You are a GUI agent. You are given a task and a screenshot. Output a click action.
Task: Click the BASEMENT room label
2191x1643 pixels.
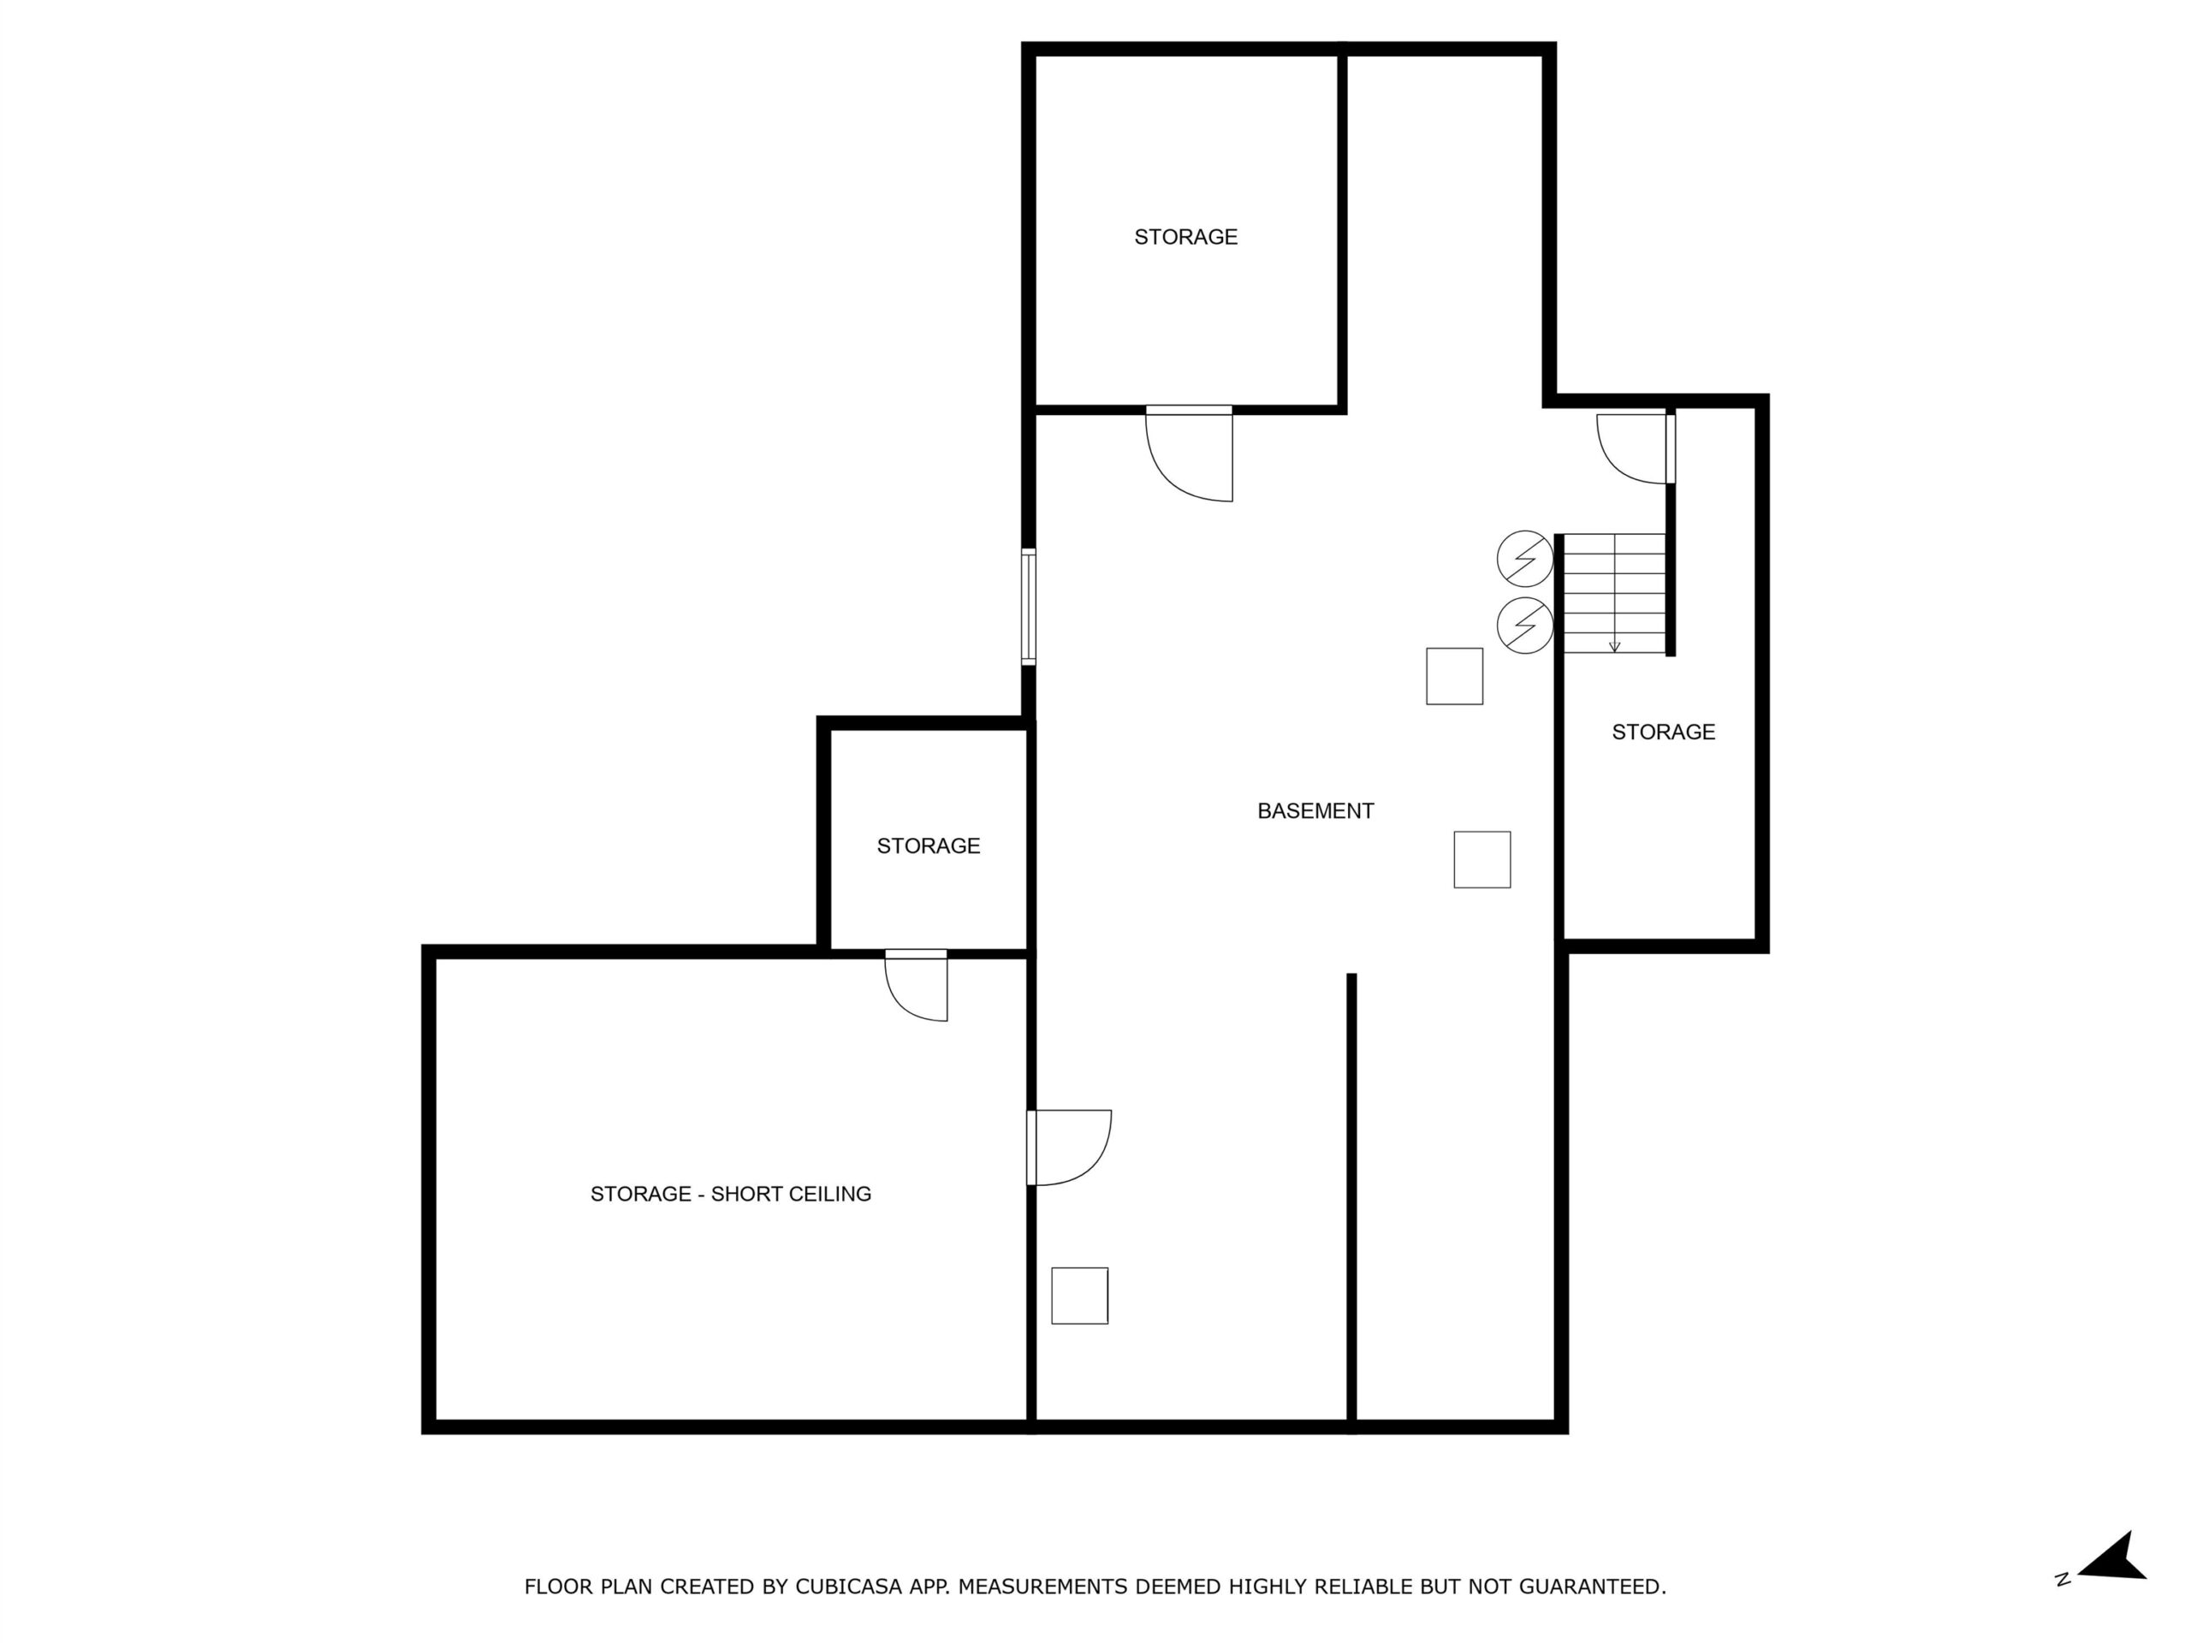point(1315,811)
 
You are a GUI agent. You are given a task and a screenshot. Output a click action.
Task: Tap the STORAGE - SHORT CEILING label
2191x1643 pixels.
point(731,1195)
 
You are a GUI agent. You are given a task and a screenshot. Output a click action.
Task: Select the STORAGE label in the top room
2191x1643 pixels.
point(1185,237)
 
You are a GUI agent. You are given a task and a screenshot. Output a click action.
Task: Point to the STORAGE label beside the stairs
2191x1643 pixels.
point(1663,732)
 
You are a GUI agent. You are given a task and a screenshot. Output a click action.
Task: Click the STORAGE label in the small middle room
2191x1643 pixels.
point(928,845)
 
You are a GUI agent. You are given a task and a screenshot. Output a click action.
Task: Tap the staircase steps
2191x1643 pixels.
point(1614,593)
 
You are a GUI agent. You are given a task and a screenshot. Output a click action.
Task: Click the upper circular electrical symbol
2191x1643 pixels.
point(1524,560)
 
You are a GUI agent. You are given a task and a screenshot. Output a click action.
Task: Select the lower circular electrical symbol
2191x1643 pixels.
point(1524,625)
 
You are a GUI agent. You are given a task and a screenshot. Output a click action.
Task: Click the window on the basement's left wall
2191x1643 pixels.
point(1028,607)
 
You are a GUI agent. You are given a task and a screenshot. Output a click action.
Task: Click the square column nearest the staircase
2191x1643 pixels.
point(1454,676)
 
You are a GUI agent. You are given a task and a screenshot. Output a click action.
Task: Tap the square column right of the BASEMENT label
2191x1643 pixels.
point(1481,860)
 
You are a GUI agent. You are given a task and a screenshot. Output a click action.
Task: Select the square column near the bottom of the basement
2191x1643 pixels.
point(1079,1296)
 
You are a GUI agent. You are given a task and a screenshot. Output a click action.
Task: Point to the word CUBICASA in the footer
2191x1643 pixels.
point(849,1587)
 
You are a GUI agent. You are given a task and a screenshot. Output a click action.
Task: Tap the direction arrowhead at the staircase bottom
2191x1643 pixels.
point(1614,648)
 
